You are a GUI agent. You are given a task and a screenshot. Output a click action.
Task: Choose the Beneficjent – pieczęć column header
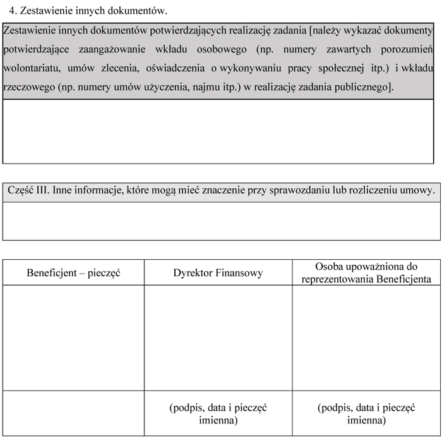(x=73, y=273)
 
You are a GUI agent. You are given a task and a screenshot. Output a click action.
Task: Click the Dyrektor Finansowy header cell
(x=218, y=273)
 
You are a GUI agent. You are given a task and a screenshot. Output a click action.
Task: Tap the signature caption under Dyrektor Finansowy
(x=218, y=414)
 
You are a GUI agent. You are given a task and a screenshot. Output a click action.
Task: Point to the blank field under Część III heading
(x=221, y=221)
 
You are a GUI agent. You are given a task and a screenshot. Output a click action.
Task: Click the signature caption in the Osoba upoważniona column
(x=366, y=414)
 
